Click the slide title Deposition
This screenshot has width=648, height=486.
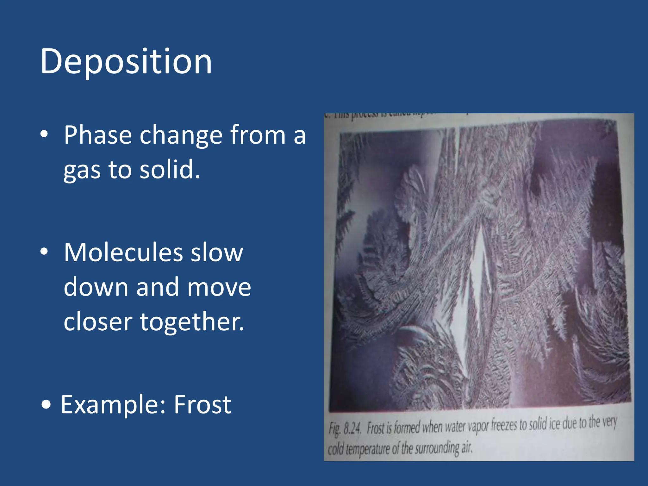126,62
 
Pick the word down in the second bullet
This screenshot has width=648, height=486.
96,287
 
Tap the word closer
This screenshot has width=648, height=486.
98,322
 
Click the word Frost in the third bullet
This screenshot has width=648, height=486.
202,405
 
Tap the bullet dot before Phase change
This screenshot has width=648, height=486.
44,134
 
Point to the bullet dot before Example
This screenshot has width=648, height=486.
46,405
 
